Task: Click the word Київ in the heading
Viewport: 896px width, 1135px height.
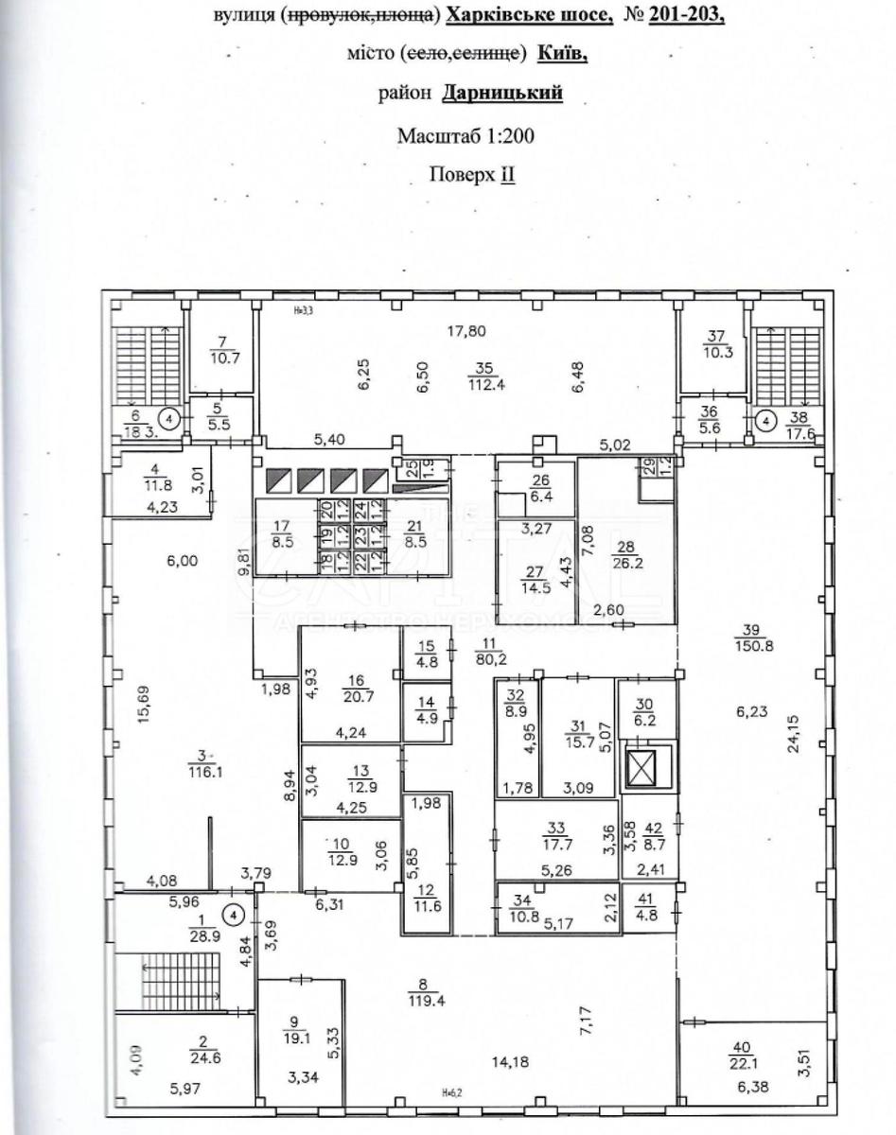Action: [562, 54]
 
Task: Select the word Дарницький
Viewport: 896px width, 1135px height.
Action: [512, 94]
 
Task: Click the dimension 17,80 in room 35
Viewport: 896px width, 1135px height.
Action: [466, 330]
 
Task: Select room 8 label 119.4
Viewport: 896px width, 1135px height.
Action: [422, 999]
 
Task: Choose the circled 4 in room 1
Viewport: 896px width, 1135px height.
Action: [232, 915]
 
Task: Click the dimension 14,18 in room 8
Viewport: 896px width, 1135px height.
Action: [509, 1060]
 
